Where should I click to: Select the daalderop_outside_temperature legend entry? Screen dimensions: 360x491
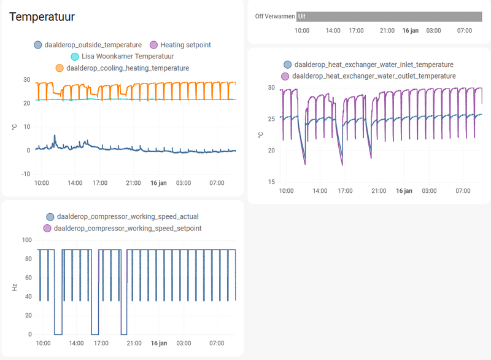click(x=93, y=45)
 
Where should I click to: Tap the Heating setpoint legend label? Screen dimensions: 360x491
click(x=185, y=45)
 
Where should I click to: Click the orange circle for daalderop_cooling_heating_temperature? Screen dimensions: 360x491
click(x=60, y=68)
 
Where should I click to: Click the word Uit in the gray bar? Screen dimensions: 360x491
click(x=301, y=16)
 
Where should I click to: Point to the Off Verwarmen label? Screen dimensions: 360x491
click(x=274, y=17)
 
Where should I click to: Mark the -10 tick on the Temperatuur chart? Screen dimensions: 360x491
click(x=26, y=174)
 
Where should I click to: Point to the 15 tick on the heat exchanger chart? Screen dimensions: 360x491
click(x=271, y=182)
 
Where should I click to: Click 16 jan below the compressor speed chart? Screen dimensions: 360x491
click(x=159, y=343)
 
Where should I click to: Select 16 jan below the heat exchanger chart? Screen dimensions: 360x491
click(x=404, y=191)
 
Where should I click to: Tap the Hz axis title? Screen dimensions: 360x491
click(x=15, y=287)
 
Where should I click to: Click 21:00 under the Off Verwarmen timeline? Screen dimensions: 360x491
click(x=387, y=30)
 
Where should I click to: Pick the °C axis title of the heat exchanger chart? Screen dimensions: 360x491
click(x=260, y=135)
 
